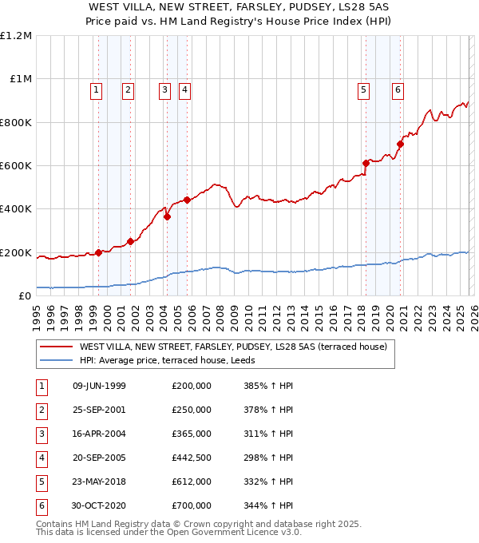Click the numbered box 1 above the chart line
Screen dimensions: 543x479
[x=96, y=90]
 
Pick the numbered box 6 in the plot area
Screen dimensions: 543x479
[x=397, y=90]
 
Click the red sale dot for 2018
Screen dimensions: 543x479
[x=366, y=163]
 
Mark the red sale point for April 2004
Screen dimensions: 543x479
[x=168, y=216]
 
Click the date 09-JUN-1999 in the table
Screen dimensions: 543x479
[x=99, y=386]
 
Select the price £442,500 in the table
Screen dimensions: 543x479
[x=192, y=458]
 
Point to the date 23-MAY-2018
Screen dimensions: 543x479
[x=99, y=482]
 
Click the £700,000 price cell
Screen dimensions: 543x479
[x=192, y=505]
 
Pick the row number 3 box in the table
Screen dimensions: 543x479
[x=42, y=434]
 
